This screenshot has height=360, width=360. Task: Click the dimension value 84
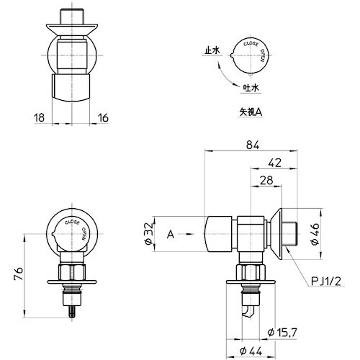(251, 145)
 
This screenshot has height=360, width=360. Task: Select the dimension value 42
(274, 163)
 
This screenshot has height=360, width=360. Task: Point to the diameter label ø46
(315, 233)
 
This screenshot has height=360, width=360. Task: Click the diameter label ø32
(148, 234)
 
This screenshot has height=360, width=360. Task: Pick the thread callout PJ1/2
(328, 282)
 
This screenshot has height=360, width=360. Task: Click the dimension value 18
(39, 117)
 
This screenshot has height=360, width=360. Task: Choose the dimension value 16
(103, 117)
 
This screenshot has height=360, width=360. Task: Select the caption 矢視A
(251, 112)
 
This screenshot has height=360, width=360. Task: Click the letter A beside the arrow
(170, 234)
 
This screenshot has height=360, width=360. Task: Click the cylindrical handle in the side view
(218, 233)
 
